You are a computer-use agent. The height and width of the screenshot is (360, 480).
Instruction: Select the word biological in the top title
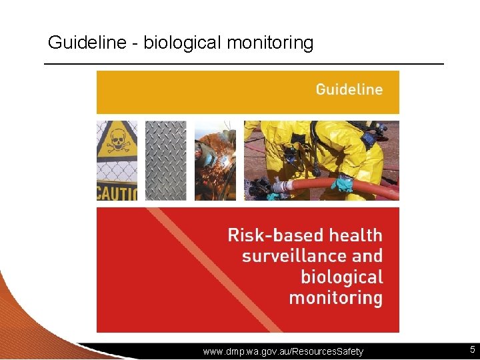tap(182, 43)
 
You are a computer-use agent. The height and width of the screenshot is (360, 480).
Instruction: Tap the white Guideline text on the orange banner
tap(349, 89)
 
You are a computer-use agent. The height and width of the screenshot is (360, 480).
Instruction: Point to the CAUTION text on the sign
tap(117, 193)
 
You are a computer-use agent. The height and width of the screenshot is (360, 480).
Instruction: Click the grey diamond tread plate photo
tap(166, 160)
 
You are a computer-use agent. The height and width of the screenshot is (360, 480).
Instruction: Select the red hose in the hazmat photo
tap(373, 188)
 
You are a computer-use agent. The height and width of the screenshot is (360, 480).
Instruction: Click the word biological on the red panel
tap(341, 277)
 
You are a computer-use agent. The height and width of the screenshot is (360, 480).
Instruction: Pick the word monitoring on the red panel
tap(335, 297)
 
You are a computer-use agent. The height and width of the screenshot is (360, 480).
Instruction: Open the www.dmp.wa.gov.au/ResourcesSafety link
tap(283, 351)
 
